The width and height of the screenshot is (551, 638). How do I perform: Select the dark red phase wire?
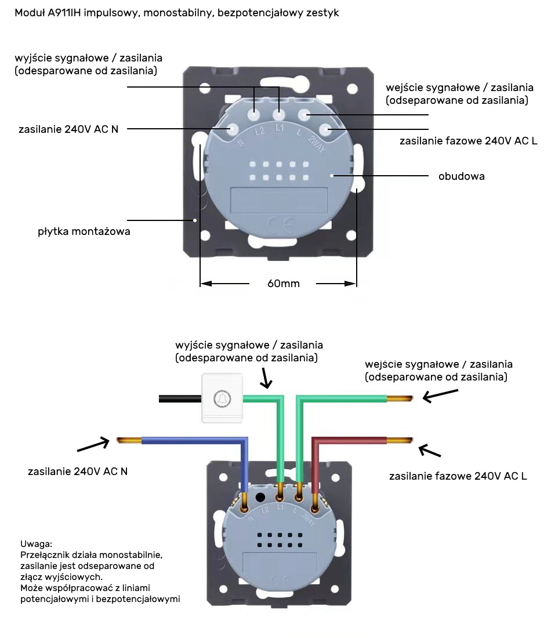(348, 441)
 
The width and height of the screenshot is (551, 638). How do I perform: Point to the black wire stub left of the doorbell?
(180, 398)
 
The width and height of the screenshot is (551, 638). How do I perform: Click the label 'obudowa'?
(461, 176)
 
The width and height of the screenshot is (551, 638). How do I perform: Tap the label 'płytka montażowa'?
(84, 231)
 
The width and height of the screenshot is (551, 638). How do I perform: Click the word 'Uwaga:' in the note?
(36, 544)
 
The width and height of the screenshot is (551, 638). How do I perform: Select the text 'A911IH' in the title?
(65, 13)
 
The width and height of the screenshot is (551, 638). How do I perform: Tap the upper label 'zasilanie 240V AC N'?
(68, 129)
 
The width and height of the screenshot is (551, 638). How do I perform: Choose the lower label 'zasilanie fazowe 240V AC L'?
(458, 476)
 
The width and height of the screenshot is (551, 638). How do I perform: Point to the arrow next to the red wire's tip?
(430, 452)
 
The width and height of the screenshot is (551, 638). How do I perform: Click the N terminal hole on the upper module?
(233, 129)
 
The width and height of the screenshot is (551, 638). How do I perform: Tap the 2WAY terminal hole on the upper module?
(325, 129)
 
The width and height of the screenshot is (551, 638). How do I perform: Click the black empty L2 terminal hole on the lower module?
(260, 497)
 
